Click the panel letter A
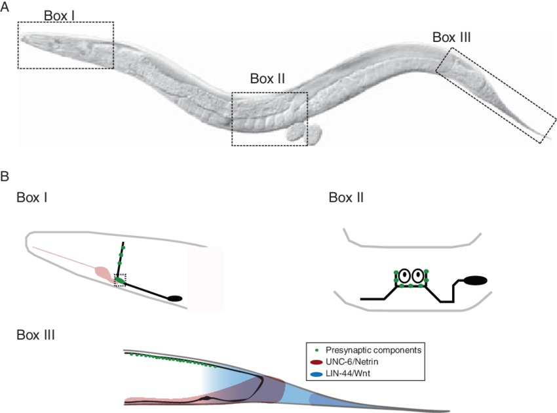[5, 7]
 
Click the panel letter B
[5, 176]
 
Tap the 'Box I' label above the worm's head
[59, 16]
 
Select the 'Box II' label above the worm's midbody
[267, 79]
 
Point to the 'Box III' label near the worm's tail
[451, 37]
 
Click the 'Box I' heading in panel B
[32, 197]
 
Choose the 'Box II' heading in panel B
[346, 197]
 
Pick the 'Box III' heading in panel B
[35, 335]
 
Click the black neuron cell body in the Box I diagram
[175, 298]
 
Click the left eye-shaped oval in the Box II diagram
[404, 275]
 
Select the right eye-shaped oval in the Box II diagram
[418, 275]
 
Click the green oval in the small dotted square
[120, 281]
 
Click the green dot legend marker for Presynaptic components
[317, 351]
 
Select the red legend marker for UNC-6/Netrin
[316, 362]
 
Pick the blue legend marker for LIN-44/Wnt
[316, 374]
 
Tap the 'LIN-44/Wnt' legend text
[348, 374]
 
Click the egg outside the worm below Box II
[304, 133]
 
